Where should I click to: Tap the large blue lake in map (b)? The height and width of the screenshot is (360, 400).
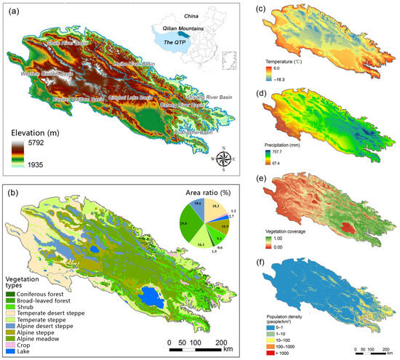click(x=153, y=297)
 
